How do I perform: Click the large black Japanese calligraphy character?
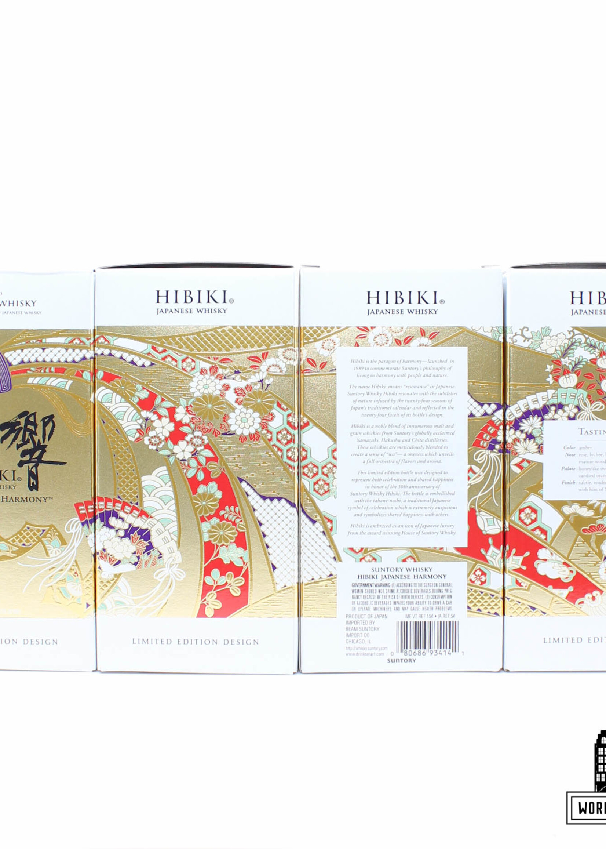pyautogui.click(x=34, y=448)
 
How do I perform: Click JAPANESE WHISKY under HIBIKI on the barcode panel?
pyautogui.click(x=402, y=312)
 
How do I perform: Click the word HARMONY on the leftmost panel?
pyautogui.click(x=26, y=500)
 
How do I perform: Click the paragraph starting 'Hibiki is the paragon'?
pyautogui.click(x=402, y=368)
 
